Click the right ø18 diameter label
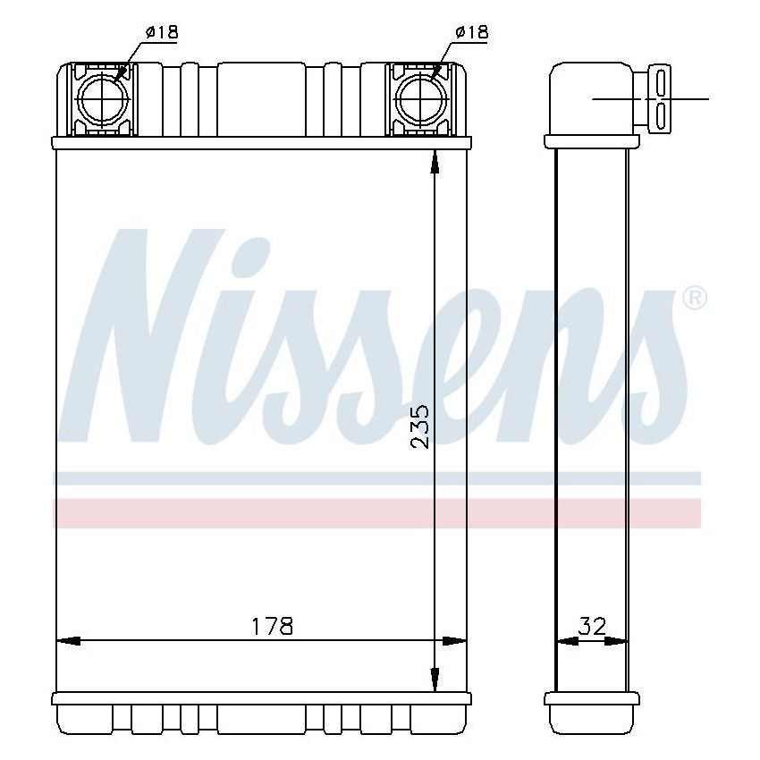point(470,32)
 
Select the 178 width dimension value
point(272,626)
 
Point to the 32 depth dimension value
point(591,626)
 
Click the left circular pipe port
point(105,98)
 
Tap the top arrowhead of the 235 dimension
point(435,161)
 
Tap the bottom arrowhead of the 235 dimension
point(435,682)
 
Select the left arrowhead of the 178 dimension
point(68,641)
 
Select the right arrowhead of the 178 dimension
point(455,641)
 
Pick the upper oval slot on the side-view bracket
point(661,82)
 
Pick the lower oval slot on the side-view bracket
point(661,114)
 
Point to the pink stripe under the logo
point(376,512)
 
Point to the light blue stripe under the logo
point(376,478)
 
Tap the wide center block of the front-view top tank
point(261,98)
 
